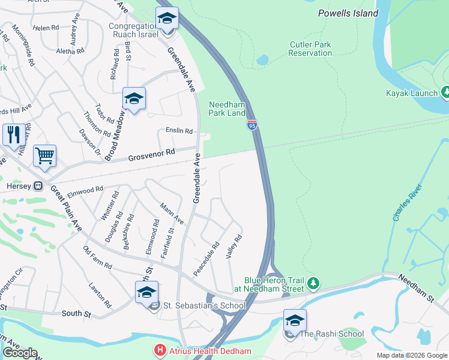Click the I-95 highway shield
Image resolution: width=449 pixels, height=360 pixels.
[252, 125]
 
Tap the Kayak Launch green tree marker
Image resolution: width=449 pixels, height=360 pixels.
[446, 92]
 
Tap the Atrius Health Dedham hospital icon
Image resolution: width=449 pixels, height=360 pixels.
[160, 350]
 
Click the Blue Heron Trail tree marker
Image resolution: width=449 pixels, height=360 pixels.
[312, 283]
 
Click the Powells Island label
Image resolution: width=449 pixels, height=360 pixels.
[348, 13]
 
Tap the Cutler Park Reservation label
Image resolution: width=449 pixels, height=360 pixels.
[310, 49]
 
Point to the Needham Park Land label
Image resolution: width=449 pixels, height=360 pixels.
[227, 109]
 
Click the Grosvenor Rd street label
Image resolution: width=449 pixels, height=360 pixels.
[152, 155]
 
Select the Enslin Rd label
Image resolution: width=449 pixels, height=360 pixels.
[179, 131]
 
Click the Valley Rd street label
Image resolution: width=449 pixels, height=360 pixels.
[234, 247]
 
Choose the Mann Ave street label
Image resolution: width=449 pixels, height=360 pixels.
[171, 215]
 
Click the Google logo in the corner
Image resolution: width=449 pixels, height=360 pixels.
[19, 353]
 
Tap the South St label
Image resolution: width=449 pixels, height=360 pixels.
[76, 313]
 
